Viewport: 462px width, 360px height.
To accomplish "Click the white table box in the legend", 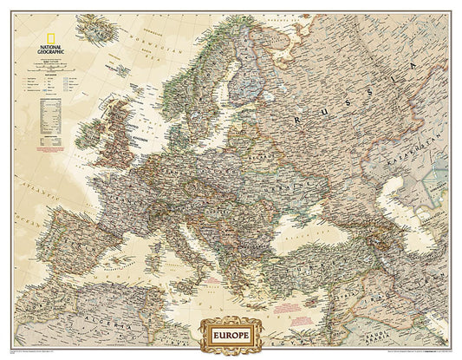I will (51, 108).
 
